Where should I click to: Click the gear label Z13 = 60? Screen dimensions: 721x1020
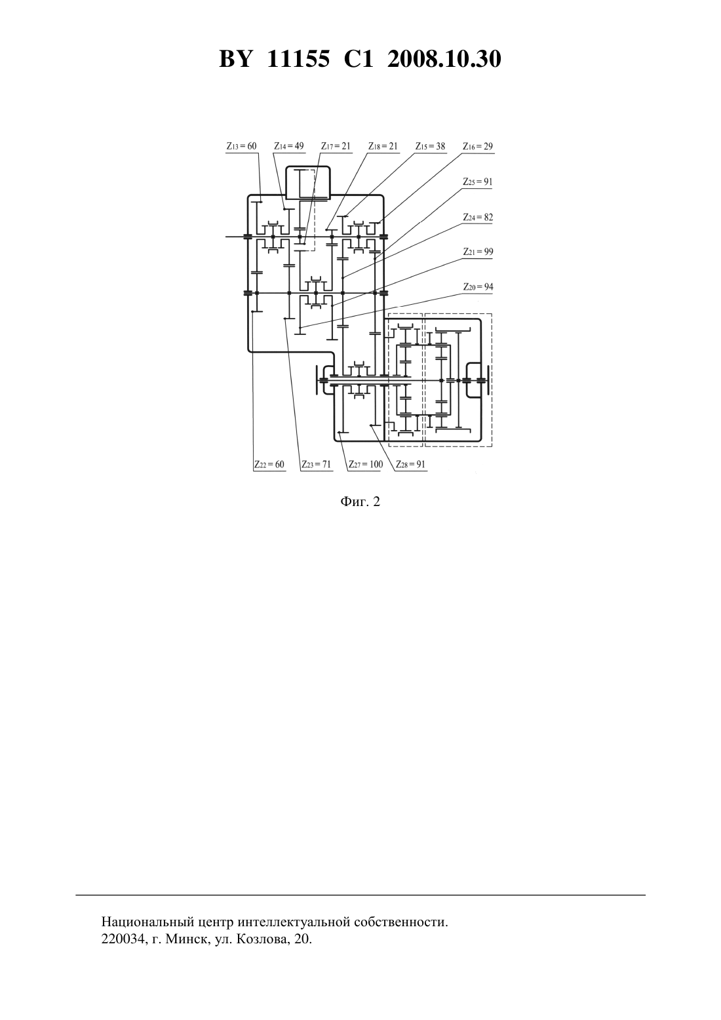(x=241, y=146)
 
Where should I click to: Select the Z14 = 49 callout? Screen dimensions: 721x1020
(x=288, y=146)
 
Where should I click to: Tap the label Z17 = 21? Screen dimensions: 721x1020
(x=336, y=146)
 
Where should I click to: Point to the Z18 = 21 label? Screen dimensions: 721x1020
(x=383, y=146)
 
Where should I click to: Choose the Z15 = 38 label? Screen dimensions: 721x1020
(x=430, y=146)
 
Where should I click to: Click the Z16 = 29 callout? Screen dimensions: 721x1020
(x=478, y=146)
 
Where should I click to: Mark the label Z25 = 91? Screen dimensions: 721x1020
(x=478, y=182)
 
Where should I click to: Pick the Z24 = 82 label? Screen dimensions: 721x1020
(x=478, y=217)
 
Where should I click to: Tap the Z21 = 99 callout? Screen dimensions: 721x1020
(x=478, y=252)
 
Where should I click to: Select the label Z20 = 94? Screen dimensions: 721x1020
(x=478, y=287)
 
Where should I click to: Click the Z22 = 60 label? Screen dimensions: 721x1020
(x=269, y=465)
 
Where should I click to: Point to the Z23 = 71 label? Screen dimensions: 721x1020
(x=317, y=465)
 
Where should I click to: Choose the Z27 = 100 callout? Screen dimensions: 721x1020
(x=366, y=465)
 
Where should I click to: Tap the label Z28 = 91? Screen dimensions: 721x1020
(x=410, y=465)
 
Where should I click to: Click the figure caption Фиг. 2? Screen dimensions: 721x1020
(x=360, y=501)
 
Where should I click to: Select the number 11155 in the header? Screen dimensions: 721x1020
(x=298, y=59)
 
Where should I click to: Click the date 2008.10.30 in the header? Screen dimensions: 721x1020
(x=444, y=59)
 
